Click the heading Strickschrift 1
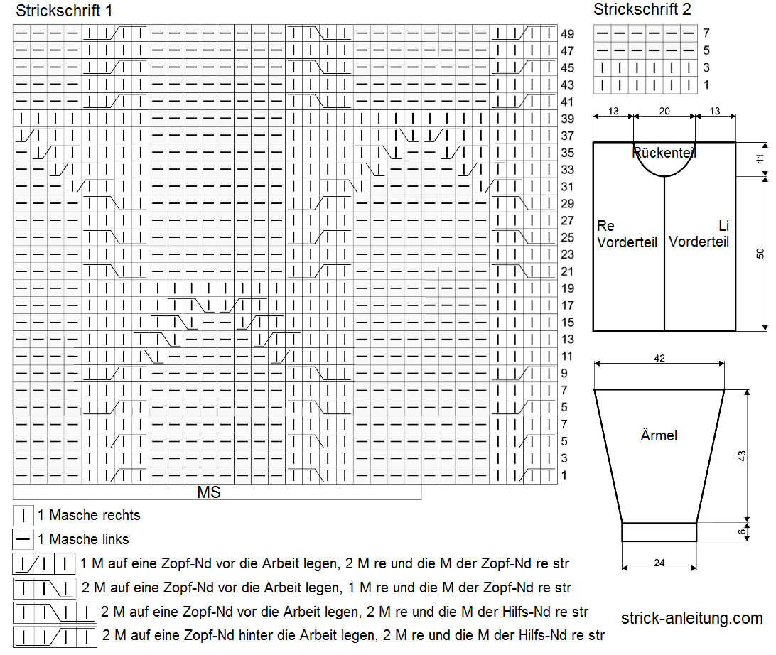pyautogui.click(x=64, y=11)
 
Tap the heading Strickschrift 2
pyautogui.click(x=642, y=9)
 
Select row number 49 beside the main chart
pyautogui.click(x=567, y=34)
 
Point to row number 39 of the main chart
pyautogui.click(x=567, y=119)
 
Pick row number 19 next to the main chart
pyautogui.click(x=567, y=288)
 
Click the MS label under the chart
pyautogui.click(x=209, y=492)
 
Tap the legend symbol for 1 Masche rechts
pyautogui.click(x=23, y=516)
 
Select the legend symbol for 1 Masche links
pyautogui.click(x=23, y=539)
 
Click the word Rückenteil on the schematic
pyautogui.click(x=664, y=153)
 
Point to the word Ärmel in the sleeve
pyautogui.click(x=659, y=435)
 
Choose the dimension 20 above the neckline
pyautogui.click(x=664, y=112)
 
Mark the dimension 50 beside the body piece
pyautogui.click(x=760, y=254)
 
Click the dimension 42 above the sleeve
pyautogui.click(x=659, y=358)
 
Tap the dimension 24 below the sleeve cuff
pyautogui.click(x=659, y=563)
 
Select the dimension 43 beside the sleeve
pyautogui.click(x=741, y=456)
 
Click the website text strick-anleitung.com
pyautogui.click(x=692, y=618)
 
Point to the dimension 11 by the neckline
pyautogui.click(x=760, y=159)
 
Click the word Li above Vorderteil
pyautogui.click(x=723, y=226)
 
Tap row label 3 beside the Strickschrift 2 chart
pyautogui.click(x=706, y=67)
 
